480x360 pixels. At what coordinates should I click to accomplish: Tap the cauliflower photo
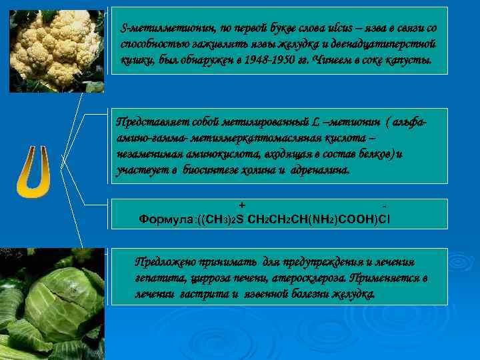(57, 50)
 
